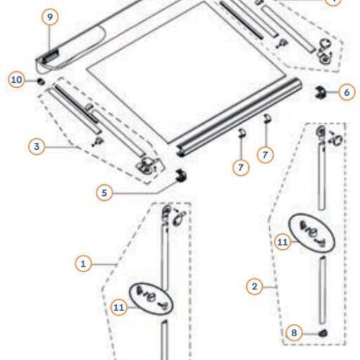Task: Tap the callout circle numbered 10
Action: click(17, 79)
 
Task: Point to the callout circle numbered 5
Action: click(105, 192)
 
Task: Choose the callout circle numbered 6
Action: click(346, 92)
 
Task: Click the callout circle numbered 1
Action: click(84, 264)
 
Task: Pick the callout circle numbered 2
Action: click(253, 287)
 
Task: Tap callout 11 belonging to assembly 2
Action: click(282, 243)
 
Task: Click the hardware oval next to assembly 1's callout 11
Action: click(152, 296)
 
